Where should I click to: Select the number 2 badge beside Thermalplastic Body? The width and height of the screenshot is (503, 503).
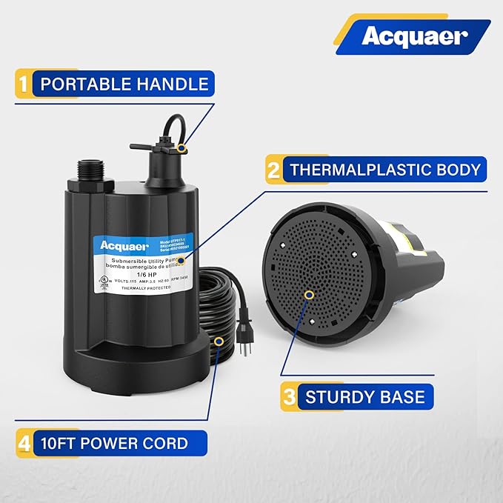pyautogui.click(x=273, y=169)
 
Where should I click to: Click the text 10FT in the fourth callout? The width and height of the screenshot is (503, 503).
pyautogui.click(x=60, y=444)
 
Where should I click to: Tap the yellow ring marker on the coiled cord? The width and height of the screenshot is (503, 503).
pyautogui.click(x=219, y=341)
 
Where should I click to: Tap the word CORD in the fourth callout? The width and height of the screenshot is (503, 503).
pyautogui.click(x=167, y=444)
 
